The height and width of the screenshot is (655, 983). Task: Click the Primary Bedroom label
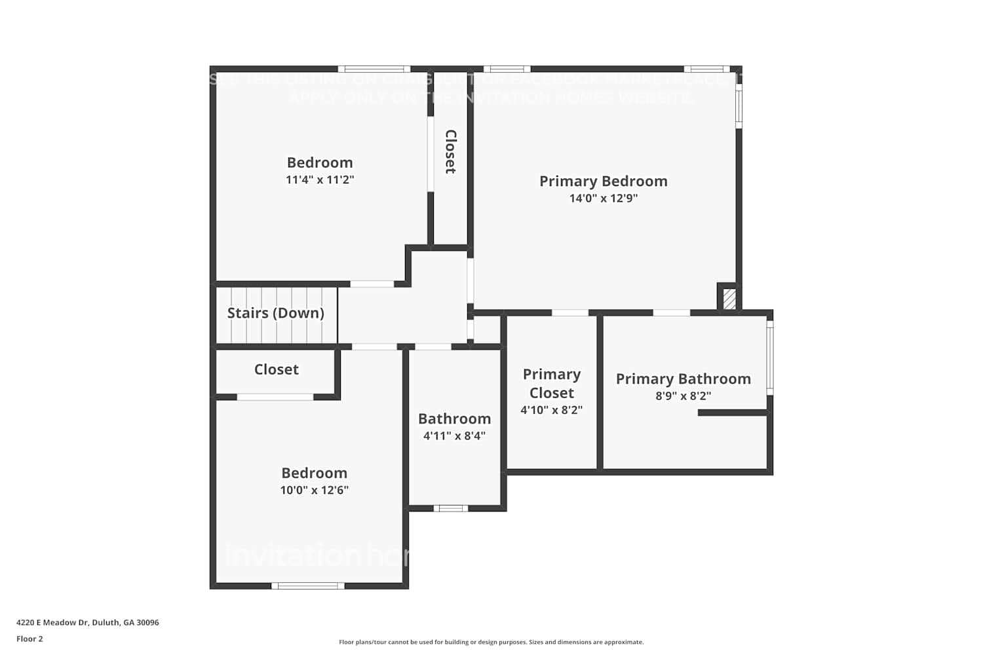[603, 181]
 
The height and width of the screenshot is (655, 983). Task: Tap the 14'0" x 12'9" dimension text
[603, 198]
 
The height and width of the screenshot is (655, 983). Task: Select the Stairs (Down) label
[275, 313]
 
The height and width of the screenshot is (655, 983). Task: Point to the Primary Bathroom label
[683, 379]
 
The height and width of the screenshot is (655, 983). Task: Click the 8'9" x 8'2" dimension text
[683, 396]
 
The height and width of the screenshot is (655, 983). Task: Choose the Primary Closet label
[551, 384]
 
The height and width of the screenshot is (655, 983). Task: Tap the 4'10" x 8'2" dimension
[551, 411]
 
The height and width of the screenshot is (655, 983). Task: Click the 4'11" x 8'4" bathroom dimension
[454, 436]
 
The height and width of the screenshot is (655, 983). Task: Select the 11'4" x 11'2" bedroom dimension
[320, 180]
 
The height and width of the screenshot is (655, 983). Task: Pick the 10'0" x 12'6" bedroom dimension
[314, 491]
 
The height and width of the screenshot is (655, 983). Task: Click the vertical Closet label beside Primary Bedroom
[450, 152]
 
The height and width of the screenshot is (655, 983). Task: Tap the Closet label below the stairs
[276, 369]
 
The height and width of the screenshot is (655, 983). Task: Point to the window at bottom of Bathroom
[451, 508]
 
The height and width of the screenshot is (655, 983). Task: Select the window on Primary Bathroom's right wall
[770, 357]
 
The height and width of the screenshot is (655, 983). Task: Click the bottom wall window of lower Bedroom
[307, 586]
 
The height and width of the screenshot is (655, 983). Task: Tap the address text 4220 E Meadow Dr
[87, 623]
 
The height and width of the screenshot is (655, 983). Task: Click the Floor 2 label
[29, 639]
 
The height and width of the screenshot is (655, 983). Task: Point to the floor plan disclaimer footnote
[491, 643]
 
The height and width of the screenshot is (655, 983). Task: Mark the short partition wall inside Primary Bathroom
[732, 413]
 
